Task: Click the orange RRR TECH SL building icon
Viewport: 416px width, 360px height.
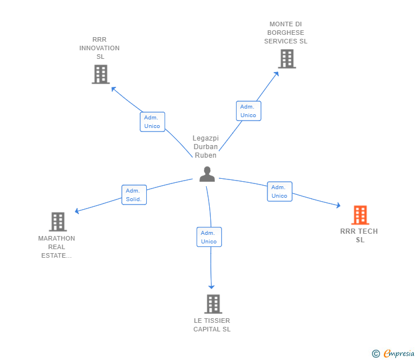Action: [x=359, y=215]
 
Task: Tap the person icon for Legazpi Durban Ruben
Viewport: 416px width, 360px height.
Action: [x=207, y=174]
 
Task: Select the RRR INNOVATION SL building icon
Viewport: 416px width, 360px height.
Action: [x=100, y=74]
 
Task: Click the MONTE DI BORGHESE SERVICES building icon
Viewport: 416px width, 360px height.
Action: [x=287, y=59]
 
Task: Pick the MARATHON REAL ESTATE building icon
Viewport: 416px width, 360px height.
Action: [x=57, y=222]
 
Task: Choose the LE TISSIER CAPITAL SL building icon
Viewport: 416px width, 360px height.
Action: [x=213, y=304]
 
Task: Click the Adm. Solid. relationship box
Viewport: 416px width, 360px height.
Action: [x=134, y=195]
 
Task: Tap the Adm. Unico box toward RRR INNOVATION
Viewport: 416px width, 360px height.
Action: [x=152, y=122]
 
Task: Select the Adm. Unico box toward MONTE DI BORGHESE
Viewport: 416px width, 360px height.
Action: [x=248, y=111]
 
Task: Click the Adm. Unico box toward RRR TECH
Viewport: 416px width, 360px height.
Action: [x=279, y=191]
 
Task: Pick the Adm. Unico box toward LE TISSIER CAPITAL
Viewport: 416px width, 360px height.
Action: [x=209, y=237]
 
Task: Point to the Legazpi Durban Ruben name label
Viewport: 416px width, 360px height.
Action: [x=206, y=147]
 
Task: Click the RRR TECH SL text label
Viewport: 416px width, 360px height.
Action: [x=359, y=235]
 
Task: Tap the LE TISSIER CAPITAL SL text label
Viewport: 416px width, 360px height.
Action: [x=212, y=325]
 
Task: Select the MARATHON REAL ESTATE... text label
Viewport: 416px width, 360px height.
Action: [x=57, y=247]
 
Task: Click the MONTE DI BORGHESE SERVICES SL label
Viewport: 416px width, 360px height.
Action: [x=286, y=33]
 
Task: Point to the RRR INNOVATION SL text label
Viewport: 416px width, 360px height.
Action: [x=99, y=48]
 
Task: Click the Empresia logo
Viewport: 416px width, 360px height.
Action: [x=398, y=354]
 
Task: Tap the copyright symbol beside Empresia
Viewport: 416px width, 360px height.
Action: [x=375, y=354]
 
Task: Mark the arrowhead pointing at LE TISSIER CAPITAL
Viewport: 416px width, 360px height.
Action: [x=211, y=286]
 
